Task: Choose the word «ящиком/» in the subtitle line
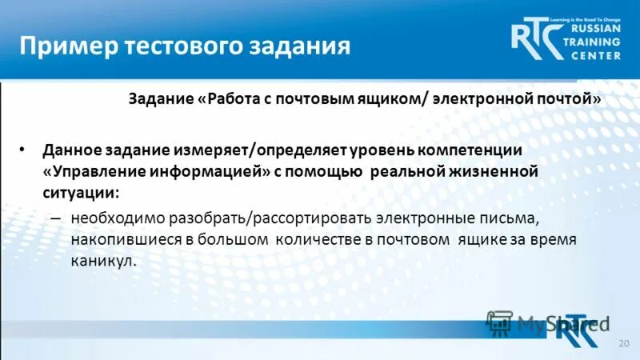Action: (398, 100)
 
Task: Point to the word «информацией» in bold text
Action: (198, 172)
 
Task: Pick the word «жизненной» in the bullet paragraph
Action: (490, 172)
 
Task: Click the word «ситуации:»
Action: (81, 193)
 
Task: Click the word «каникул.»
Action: (102, 261)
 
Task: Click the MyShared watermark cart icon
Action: (498, 324)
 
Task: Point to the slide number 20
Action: (624, 342)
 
